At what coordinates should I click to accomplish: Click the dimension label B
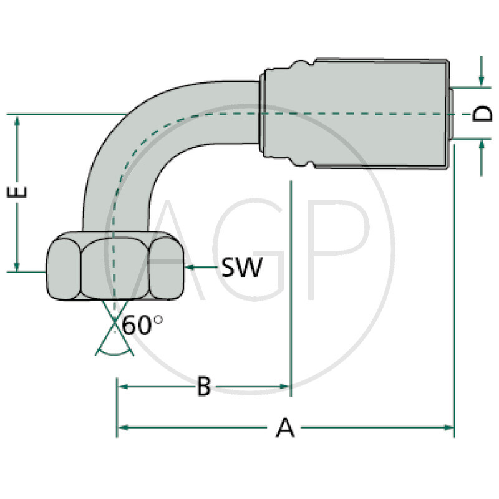pyautogui.click(x=203, y=387)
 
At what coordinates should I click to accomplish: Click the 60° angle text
pyautogui.click(x=142, y=326)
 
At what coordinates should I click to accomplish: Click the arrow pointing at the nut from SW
pyautogui.click(x=193, y=268)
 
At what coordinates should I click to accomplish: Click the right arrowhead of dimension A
pyautogui.click(x=448, y=427)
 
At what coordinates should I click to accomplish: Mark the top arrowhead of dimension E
pyautogui.click(x=18, y=120)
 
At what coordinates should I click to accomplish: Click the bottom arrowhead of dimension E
pyautogui.click(x=18, y=266)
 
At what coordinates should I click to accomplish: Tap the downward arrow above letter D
pyautogui.click(x=482, y=80)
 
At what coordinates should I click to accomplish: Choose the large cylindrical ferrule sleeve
pyautogui.click(x=380, y=114)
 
